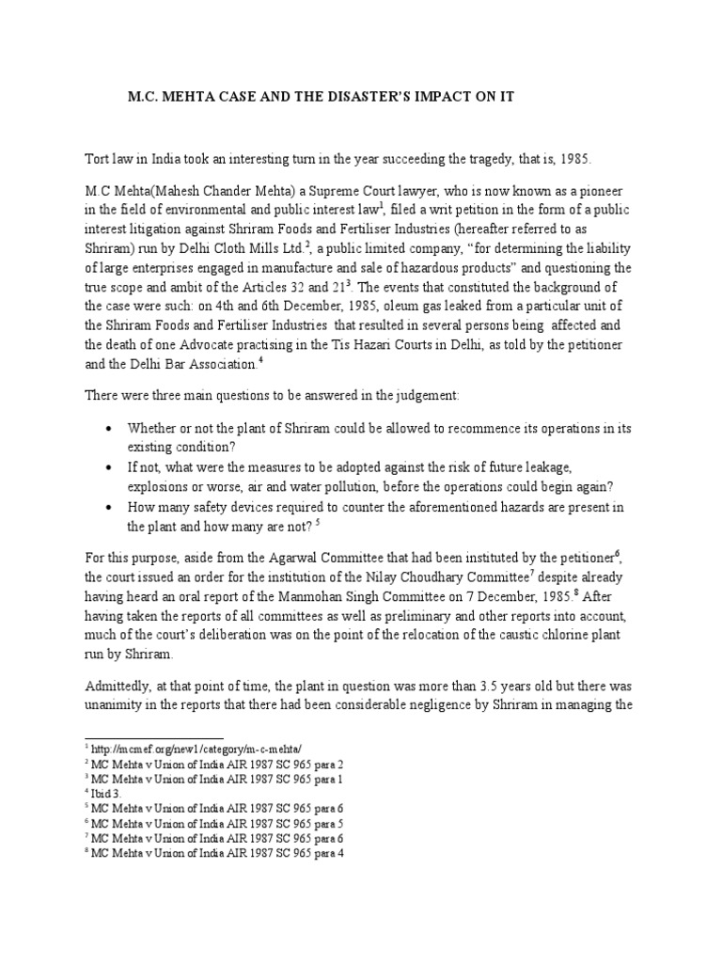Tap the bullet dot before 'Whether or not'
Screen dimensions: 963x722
coord(110,428)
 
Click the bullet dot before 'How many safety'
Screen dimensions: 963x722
coord(110,508)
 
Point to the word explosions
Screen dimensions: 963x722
coord(160,487)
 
